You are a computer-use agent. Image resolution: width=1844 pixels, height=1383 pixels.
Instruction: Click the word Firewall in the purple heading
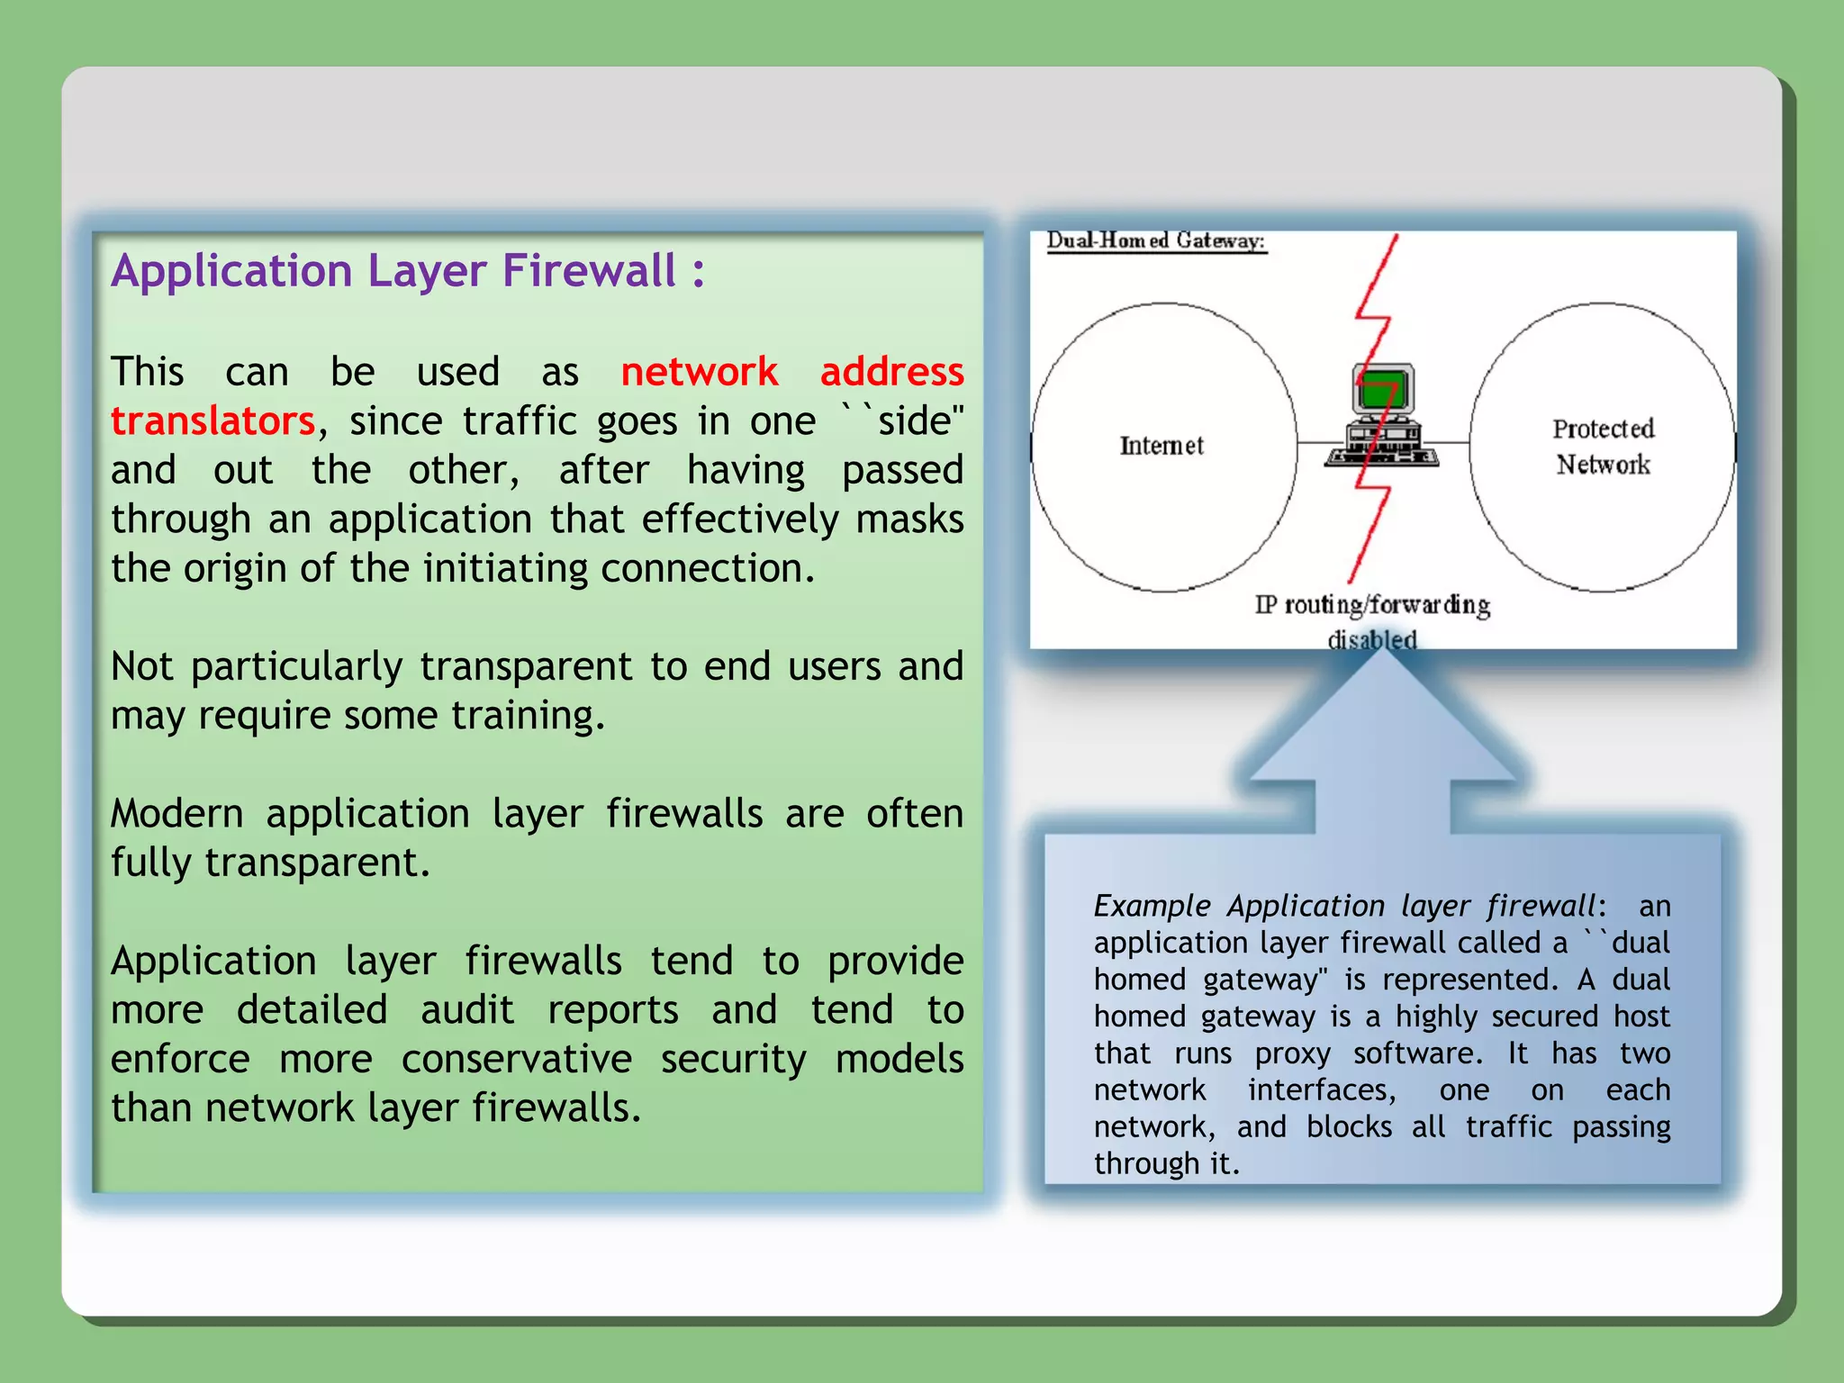click(589, 271)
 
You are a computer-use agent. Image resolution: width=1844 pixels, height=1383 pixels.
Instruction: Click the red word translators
click(212, 421)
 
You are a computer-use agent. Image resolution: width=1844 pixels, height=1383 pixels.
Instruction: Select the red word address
click(891, 372)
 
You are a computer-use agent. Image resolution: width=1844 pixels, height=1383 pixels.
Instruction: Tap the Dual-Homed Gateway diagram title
click(1156, 241)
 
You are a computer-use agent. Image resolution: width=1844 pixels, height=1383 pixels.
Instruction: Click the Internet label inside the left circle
click(1162, 446)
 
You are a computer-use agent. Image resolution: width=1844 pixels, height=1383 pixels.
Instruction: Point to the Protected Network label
click(1603, 447)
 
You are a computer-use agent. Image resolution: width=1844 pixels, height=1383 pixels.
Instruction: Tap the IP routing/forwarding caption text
click(1372, 605)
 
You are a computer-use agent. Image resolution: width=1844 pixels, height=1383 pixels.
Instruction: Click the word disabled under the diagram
click(1372, 639)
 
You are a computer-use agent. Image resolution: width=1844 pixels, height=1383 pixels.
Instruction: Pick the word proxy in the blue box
click(1293, 1053)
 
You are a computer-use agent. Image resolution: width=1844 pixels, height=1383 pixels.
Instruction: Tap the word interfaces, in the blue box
click(1322, 1090)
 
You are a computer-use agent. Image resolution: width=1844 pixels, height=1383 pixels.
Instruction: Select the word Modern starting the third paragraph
click(177, 814)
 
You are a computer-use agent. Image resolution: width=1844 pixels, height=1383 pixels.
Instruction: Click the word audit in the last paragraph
click(467, 1010)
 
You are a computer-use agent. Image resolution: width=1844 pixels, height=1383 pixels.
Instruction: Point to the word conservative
click(516, 1060)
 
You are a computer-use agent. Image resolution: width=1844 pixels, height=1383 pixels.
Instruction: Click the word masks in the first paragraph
click(909, 520)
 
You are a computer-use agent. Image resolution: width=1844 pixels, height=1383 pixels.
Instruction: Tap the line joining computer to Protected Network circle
click(1453, 443)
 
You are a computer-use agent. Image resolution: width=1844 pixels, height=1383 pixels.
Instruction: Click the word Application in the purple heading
click(231, 271)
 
